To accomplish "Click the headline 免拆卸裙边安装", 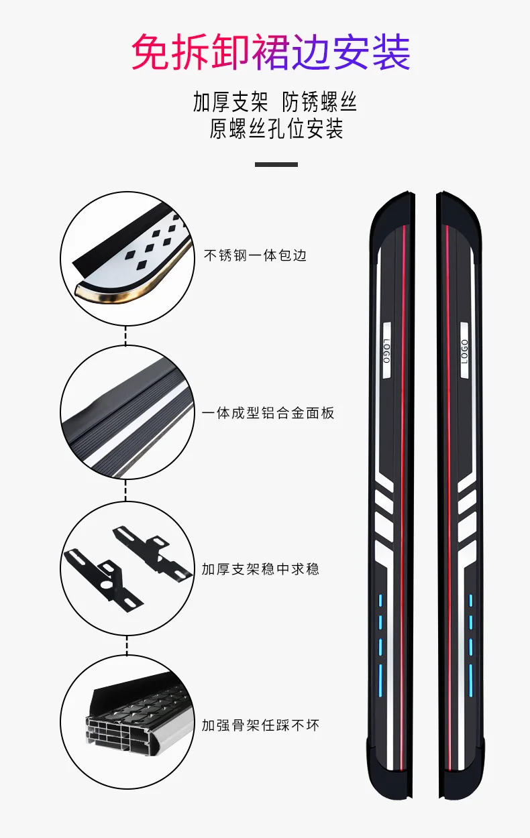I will point(270,54).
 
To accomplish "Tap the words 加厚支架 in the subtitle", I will point(230,103).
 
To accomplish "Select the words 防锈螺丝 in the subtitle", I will point(319,103).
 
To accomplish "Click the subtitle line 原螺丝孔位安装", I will point(276,129).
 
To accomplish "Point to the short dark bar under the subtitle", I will point(276,164).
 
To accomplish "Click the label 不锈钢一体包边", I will point(254,255).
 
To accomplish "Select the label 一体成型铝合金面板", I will point(268,413).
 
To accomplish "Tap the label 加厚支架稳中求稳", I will point(260,569).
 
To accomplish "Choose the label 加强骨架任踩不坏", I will point(260,725).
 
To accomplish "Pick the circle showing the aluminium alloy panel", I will point(127,412).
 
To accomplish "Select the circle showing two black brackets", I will point(127,568).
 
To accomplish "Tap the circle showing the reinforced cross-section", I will point(127,723).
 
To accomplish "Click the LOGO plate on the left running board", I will point(386,351).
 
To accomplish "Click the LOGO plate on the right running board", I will point(464,351).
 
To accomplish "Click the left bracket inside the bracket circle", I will point(101,573).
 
